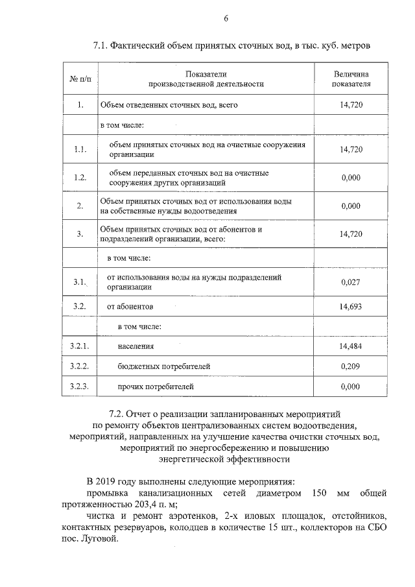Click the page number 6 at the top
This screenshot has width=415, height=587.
point(226,18)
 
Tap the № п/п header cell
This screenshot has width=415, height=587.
point(80,79)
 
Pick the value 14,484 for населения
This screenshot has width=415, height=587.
point(351,346)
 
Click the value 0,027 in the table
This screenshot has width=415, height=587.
point(351,282)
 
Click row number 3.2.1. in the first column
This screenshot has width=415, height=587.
point(80,346)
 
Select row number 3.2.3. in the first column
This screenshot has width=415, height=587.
point(80,387)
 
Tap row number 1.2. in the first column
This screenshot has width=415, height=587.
point(80,178)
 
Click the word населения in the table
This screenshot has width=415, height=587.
point(136,347)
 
